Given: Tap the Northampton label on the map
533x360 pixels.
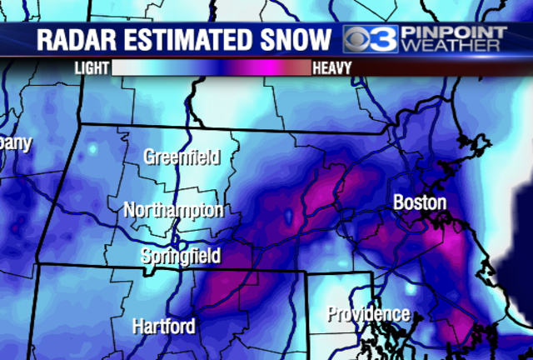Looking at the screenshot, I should coord(174,211).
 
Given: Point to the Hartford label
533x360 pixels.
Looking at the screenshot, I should coord(164,326).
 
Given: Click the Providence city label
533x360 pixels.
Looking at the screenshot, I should coord(368,314).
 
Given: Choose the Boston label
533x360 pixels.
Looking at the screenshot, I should coord(420,202).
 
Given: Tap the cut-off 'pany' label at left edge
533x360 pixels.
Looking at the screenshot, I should coord(16,142).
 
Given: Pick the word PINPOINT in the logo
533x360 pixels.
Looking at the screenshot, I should coord(454,32).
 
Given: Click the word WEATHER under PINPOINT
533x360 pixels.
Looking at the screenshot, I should coord(454,47).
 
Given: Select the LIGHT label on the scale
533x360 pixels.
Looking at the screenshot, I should coord(92,67).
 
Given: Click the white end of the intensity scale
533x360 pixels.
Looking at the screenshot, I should coord(133,67).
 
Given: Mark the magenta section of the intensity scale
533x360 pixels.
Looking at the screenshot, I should coord(266,67).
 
